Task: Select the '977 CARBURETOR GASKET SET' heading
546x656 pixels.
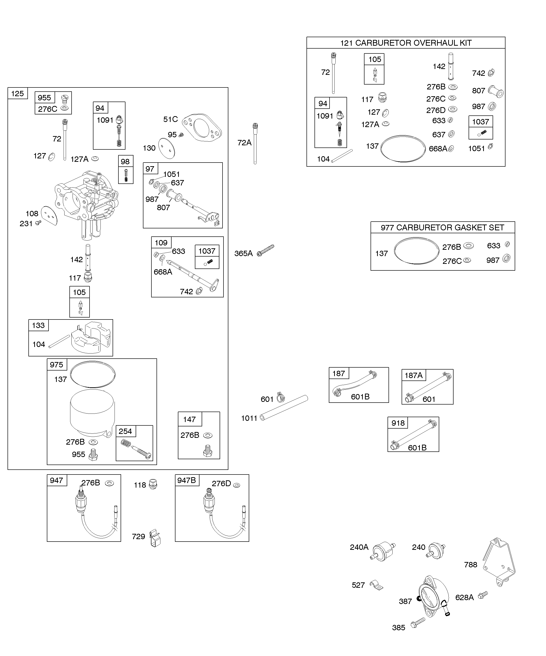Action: point(442,227)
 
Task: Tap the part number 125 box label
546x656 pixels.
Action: point(17,93)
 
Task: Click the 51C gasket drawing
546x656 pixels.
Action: point(202,128)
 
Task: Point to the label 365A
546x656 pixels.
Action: point(243,253)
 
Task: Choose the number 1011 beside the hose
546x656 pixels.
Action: point(249,418)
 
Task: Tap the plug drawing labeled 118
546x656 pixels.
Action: point(153,484)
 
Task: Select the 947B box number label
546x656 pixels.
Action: point(187,480)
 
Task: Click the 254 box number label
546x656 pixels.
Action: point(125,431)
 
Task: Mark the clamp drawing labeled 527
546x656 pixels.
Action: point(376,585)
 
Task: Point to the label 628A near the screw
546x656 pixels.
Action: point(464,597)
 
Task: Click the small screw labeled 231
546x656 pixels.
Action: point(38,222)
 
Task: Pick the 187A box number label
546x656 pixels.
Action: point(414,375)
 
